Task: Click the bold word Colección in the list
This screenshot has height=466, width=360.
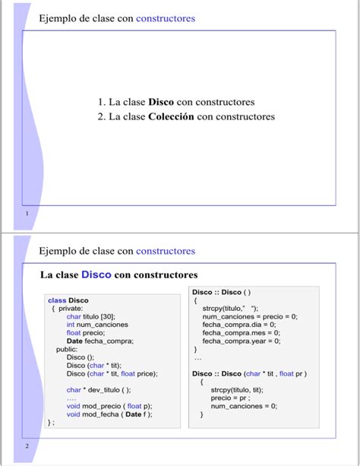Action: click(171, 116)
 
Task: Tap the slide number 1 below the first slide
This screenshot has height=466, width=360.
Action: click(27, 214)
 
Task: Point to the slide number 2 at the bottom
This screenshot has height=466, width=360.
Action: click(27, 445)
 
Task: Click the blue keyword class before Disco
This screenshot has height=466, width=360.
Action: click(57, 300)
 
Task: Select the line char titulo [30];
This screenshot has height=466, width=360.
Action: click(90, 316)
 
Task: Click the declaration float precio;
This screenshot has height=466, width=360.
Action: click(85, 333)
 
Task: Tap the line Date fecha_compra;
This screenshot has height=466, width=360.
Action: click(99, 341)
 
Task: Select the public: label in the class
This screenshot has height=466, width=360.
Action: click(67, 349)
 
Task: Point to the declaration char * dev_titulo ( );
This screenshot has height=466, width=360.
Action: click(98, 390)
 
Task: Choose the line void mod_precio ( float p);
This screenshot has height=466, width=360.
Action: click(109, 406)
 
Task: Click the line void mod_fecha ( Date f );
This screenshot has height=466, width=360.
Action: click(109, 414)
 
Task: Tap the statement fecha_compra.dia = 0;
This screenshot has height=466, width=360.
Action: click(241, 324)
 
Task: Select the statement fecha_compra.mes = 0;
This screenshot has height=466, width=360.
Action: click(242, 332)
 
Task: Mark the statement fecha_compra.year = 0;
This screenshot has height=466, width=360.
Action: click(242, 341)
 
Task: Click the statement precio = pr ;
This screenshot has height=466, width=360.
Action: click(230, 398)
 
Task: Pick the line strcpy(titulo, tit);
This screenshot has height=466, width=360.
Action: click(237, 390)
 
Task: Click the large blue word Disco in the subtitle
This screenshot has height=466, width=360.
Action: click(96, 274)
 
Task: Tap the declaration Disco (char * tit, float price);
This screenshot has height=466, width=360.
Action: click(112, 373)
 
